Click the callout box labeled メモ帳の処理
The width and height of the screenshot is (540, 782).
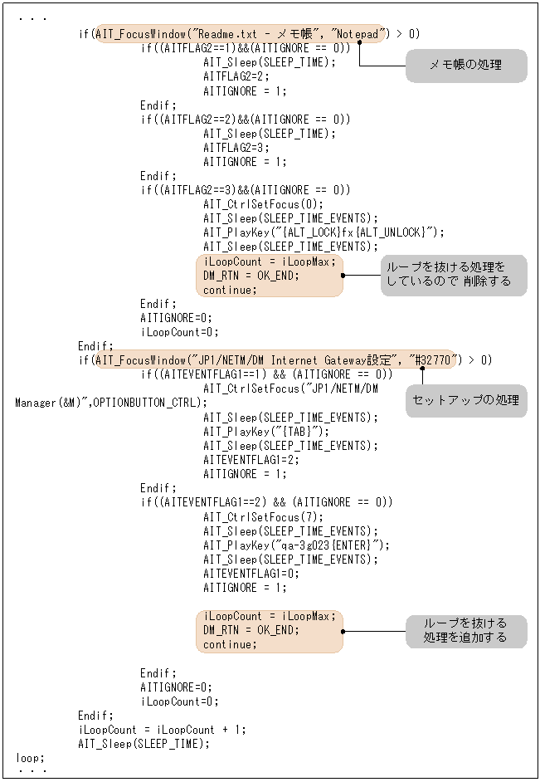(x=465, y=66)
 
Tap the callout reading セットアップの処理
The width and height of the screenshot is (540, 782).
(x=465, y=400)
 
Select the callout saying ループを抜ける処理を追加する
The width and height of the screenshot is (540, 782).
(x=465, y=630)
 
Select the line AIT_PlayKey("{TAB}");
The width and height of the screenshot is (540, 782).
(x=266, y=432)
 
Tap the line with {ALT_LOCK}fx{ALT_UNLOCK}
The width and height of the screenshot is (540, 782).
(x=324, y=232)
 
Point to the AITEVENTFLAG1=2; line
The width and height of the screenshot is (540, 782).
(x=251, y=460)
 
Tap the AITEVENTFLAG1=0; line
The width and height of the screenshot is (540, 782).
(x=251, y=574)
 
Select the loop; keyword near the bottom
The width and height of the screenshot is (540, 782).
(x=30, y=758)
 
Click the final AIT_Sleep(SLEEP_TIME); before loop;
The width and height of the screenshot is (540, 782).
(x=144, y=744)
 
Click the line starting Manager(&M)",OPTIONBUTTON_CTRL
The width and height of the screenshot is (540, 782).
(x=111, y=403)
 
